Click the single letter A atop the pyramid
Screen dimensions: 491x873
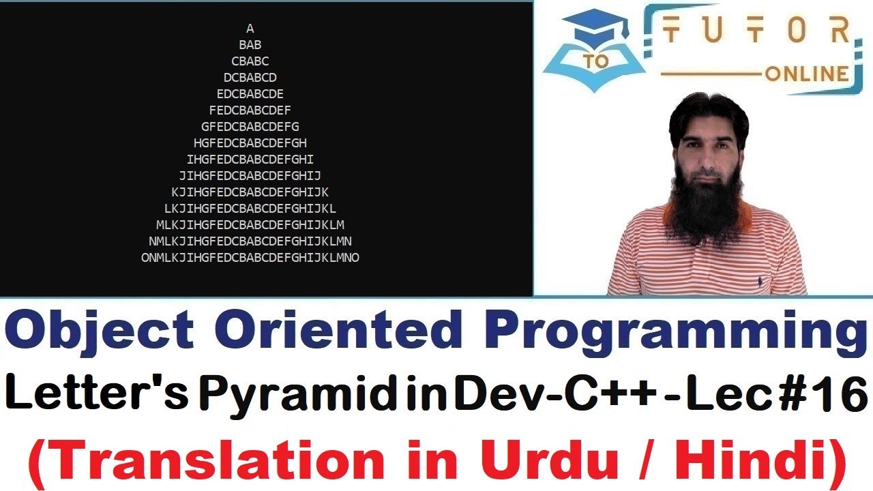[250, 29]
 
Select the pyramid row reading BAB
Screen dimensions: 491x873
[250, 45]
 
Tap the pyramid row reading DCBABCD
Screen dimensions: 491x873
[250, 78]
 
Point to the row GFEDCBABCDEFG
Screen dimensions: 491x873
[250, 127]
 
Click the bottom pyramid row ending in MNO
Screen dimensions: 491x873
[250, 258]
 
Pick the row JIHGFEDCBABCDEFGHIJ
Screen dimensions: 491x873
[250, 176]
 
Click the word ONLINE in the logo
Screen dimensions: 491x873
[806, 74]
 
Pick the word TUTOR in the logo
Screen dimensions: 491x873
[757, 31]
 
